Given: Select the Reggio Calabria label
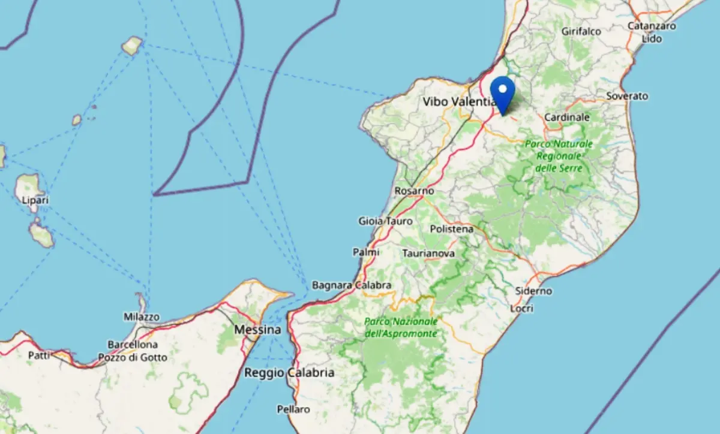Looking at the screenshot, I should (x=289, y=373).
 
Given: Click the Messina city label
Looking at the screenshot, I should (x=257, y=330).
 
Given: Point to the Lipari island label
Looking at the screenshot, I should (x=35, y=200).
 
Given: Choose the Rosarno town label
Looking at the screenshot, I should (x=414, y=191).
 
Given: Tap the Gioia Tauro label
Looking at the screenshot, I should (x=385, y=221).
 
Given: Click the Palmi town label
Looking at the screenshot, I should (x=365, y=252).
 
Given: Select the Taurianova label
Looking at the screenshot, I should (x=428, y=254).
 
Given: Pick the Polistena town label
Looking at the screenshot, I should (x=452, y=229).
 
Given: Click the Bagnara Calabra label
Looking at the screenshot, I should (x=352, y=285).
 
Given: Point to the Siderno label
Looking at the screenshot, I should (x=533, y=291).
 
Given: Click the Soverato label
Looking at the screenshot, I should (x=627, y=96).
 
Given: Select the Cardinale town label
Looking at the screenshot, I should (x=567, y=118).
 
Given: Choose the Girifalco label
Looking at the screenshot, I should (x=581, y=31).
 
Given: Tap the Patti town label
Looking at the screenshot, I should (x=39, y=355).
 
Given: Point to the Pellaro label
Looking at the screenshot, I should (x=293, y=409).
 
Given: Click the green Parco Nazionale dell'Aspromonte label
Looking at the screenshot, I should (x=401, y=327).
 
